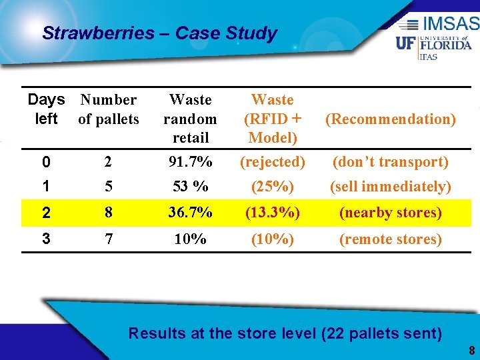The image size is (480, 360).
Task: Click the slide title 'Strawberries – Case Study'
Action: click(159, 33)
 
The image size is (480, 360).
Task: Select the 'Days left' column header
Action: click(46, 109)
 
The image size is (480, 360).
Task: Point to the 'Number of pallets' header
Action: click(108, 109)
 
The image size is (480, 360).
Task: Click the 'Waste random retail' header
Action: click(190, 119)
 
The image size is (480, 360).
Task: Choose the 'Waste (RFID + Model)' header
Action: click(272, 119)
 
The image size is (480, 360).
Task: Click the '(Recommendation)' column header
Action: click(390, 119)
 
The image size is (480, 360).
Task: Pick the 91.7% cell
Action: click(190, 161)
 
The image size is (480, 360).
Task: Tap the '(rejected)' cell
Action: click(272, 161)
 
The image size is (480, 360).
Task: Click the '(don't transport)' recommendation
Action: click(390, 161)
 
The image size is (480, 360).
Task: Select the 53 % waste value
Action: click(190, 187)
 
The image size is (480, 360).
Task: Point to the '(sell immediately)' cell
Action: click(390, 187)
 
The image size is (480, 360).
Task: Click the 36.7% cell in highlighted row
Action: click(190, 213)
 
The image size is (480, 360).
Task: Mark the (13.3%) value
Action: click(272, 213)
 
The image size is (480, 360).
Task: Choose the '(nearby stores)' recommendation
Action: click(390, 213)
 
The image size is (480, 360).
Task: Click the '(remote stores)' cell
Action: click(390, 239)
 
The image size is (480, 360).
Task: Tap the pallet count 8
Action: click(108, 213)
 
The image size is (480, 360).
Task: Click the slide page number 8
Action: click(471, 351)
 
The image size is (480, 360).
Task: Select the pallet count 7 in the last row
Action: click(108, 239)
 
